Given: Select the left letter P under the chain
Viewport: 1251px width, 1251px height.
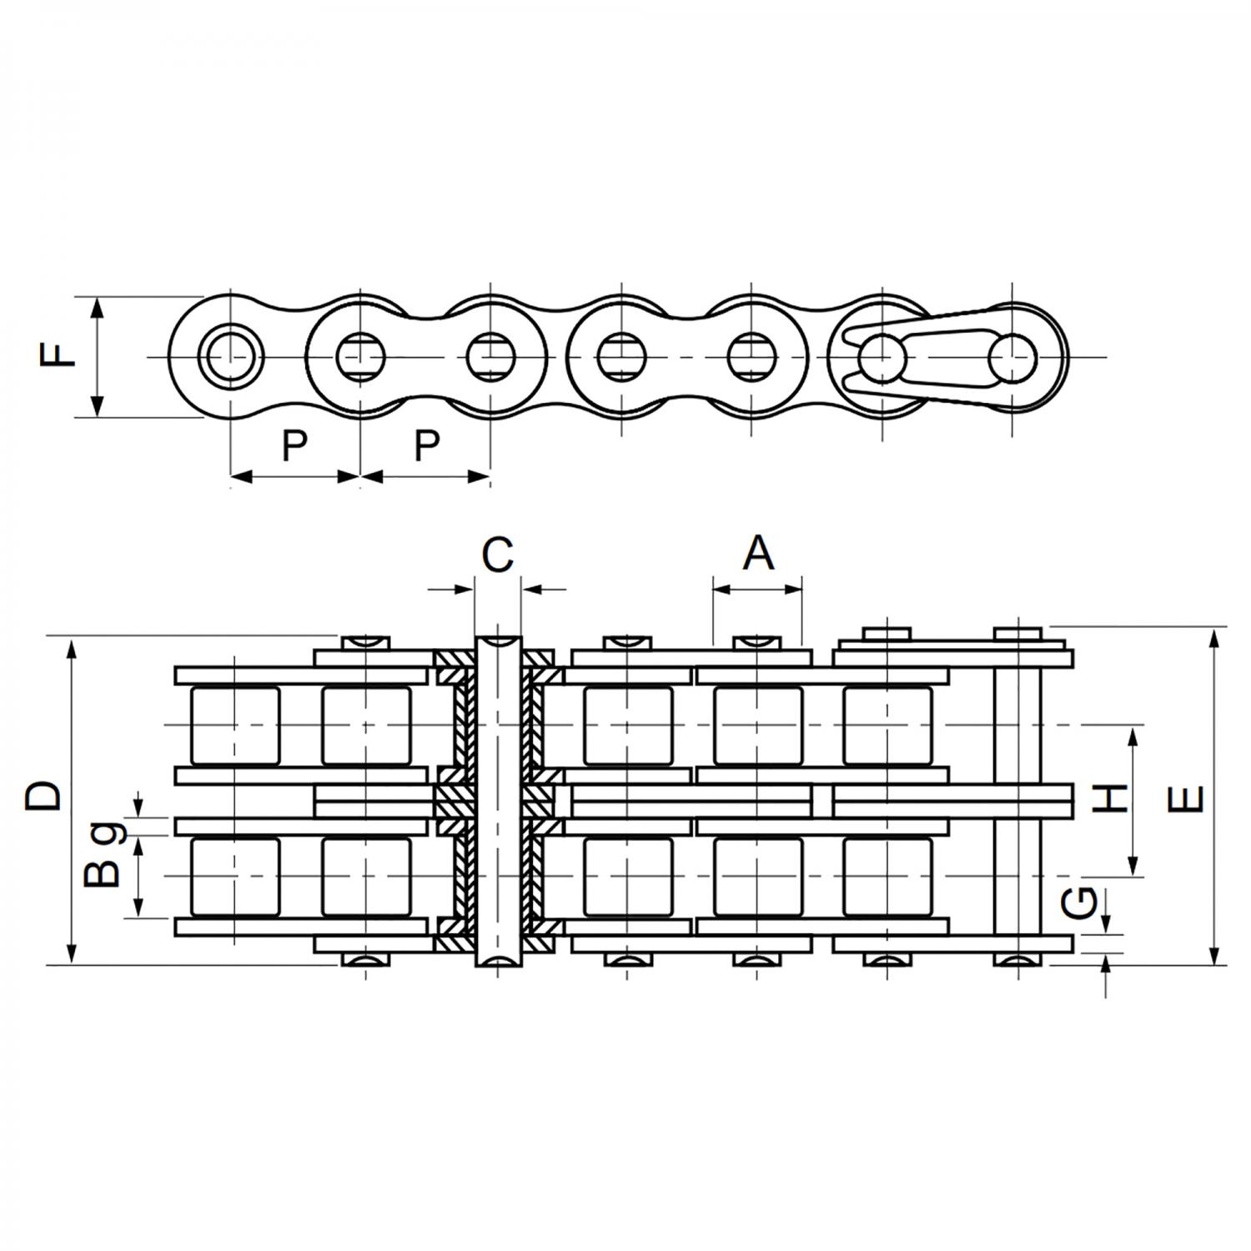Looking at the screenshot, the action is tap(294, 446).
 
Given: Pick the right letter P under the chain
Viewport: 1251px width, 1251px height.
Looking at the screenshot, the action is tap(426, 446).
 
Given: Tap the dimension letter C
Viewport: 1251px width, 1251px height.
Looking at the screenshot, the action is tap(498, 555).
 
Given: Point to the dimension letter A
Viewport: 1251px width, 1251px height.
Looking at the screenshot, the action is tap(758, 553).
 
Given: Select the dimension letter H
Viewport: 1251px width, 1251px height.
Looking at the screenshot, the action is tap(1110, 799).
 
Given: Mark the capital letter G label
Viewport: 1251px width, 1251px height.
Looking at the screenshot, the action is tap(1082, 901).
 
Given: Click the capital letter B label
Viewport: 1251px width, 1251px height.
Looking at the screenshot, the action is tap(103, 874).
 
